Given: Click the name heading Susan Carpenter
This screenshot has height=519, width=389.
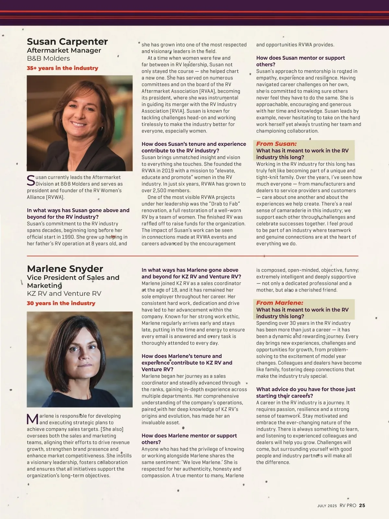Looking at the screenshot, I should point(67,42).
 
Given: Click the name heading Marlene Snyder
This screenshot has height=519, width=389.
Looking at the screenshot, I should point(65,269).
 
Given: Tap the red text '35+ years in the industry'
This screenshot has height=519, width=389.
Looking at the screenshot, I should point(62,68).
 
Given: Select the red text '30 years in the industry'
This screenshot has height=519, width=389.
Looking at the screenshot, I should point(61,303).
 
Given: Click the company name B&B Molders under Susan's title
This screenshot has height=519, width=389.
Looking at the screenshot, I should point(48,59).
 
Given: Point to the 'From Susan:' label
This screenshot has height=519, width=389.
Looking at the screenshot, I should point(276,144).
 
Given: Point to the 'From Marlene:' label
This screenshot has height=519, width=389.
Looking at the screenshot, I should point(279,303).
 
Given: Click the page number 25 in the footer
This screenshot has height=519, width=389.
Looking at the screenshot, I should point(362,505).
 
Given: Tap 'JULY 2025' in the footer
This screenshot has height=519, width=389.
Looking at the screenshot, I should point(327,506).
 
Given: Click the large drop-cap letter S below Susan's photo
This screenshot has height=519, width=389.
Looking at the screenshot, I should point(30,181).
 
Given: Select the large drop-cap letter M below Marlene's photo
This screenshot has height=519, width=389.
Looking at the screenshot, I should point(32,419).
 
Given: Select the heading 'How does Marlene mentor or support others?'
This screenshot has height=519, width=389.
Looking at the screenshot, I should point(189,439).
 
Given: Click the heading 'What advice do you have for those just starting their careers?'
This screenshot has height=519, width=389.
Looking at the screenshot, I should point(306,392).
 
